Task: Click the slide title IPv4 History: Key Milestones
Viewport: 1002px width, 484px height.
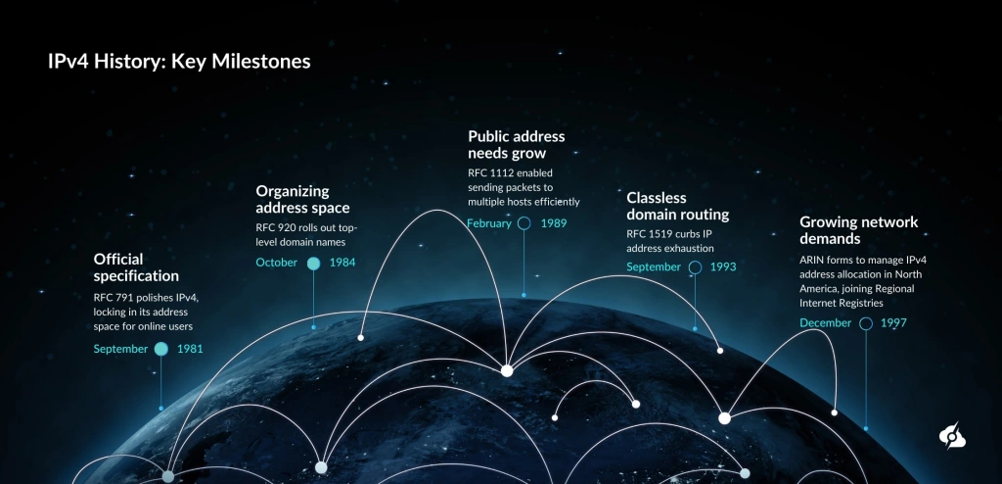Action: (x=179, y=62)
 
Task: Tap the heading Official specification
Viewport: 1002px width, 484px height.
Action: (x=136, y=267)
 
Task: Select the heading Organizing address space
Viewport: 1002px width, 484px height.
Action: (x=302, y=199)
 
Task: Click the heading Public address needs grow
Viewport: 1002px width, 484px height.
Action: (x=516, y=145)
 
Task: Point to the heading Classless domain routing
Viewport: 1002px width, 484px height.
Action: (x=677, y=206)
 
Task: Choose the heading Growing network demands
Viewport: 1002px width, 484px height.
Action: (x=858, y=229)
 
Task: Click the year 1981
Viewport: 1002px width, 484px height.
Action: (x=190, y=349)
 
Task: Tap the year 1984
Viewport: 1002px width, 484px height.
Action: (x=342, y=263)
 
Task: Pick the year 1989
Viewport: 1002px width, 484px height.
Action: (x=553, y=223)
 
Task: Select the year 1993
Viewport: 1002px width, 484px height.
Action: (x=723, y=266)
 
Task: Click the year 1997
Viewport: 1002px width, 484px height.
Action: (x=893, y=323)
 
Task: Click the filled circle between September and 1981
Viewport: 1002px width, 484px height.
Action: (x=161, y=349)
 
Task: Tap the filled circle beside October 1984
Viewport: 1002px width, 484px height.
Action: (x=313, y=263)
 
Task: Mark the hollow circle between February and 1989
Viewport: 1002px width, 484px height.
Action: (x=524, y=223)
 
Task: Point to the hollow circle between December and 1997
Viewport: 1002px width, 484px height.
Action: (x=866, y=323)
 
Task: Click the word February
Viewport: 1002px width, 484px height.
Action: (x=489, y=223)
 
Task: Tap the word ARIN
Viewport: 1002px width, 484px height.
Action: (x=814, y=260)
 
